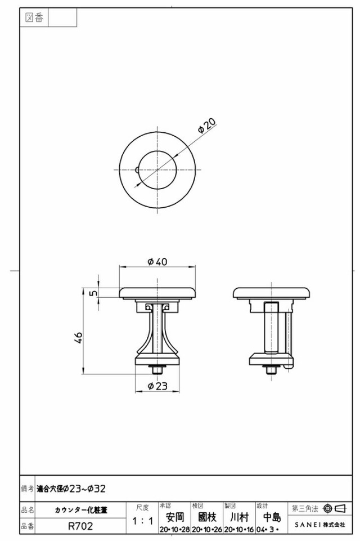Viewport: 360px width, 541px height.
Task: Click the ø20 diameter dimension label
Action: tap(206, 126)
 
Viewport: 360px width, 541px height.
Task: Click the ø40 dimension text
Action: tap(157, 262)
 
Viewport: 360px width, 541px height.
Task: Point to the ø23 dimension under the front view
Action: tap(157, 386)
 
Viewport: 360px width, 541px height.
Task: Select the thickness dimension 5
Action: tap(93, 293)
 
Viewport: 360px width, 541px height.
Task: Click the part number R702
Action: tap(80, 526)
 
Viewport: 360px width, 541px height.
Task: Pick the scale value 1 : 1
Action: tap(143, 521)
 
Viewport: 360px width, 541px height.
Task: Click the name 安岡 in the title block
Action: tap(175, 517)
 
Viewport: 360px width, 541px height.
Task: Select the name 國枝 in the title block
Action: tap(207, 517)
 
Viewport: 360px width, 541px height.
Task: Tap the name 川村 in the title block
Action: tap(239, 517)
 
